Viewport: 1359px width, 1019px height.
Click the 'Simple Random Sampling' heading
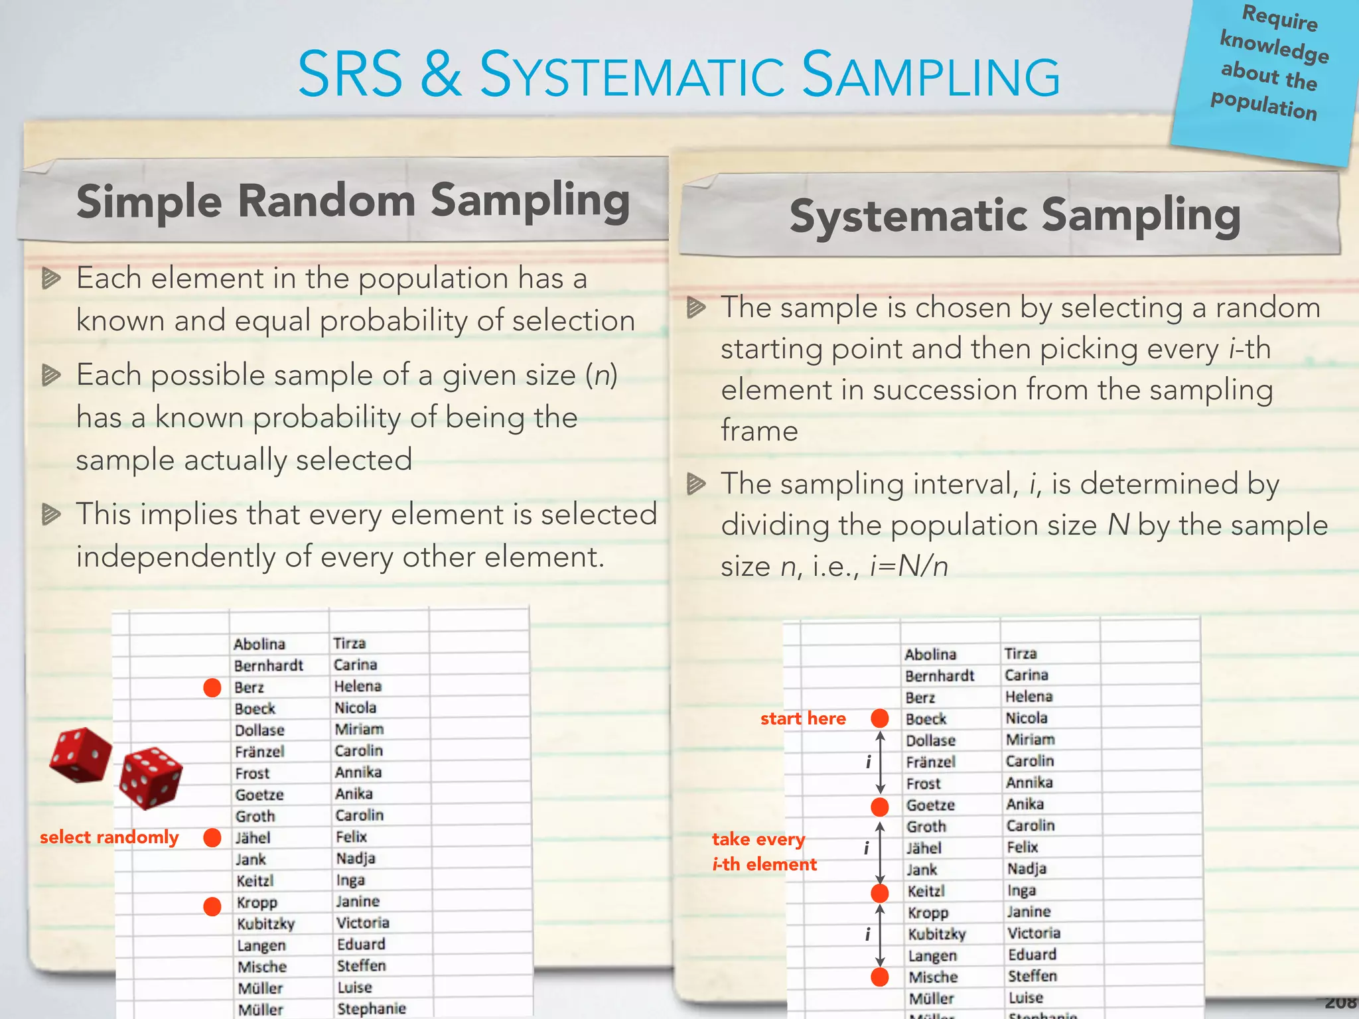(x=353, y=200)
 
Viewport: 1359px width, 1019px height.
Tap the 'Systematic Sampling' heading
(x=1015, y=216)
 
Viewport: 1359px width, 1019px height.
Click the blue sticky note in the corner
(x=1266, y=73)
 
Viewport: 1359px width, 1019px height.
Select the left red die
(x=80, y=755)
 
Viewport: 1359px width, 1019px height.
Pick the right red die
(x=151, y=778)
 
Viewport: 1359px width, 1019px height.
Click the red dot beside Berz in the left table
(x=212, y=688)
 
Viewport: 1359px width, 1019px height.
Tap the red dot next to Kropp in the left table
(x=212, y=906)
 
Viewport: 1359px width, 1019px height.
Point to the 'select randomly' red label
(x=109, y=837)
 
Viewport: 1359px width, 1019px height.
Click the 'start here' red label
(x=803, y=718)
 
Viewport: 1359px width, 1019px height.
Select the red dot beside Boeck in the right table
(x=880, y=718)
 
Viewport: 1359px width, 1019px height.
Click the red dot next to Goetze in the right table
(x=880, y=807)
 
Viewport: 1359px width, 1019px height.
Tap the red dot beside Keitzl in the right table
(x=880, y=893)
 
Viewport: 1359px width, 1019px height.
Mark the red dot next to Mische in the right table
(x=880, y=977)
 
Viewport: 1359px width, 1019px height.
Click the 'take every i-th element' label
(x=764, y=852)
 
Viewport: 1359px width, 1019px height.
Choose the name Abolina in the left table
(x=259, y=644)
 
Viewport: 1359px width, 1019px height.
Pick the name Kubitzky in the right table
(x=937, y=934)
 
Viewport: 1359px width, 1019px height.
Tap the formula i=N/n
(x=909, y=567)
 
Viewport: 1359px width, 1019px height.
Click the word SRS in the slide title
(x=350, y=74)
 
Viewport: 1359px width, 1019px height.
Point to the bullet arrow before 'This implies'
(x=51, y=514)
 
